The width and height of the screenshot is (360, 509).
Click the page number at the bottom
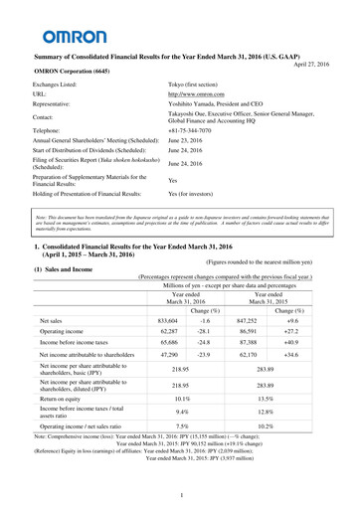click(180, 495)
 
